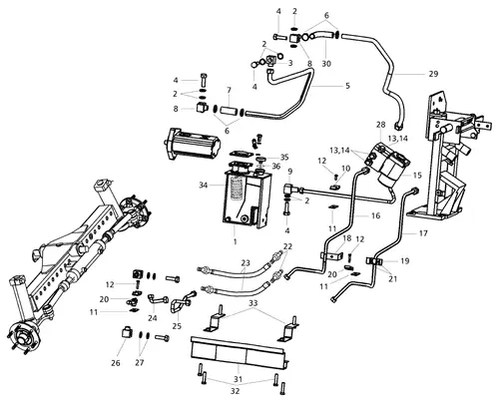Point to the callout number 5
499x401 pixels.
pyautogui.click(x=346, y=87)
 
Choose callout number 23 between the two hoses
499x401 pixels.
pyautogui.click(x=245, y=263)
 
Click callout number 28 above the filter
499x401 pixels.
pyautogui.click(x=380, y=124)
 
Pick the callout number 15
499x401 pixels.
pyautogui.click(x=417, y=176)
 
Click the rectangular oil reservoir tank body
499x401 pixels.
pyautogui.click(x=243, y=204)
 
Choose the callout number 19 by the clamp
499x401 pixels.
pyautogui.click(x=405, y=260)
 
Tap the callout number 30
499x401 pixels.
pyautogui.click(x=326, y=64)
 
